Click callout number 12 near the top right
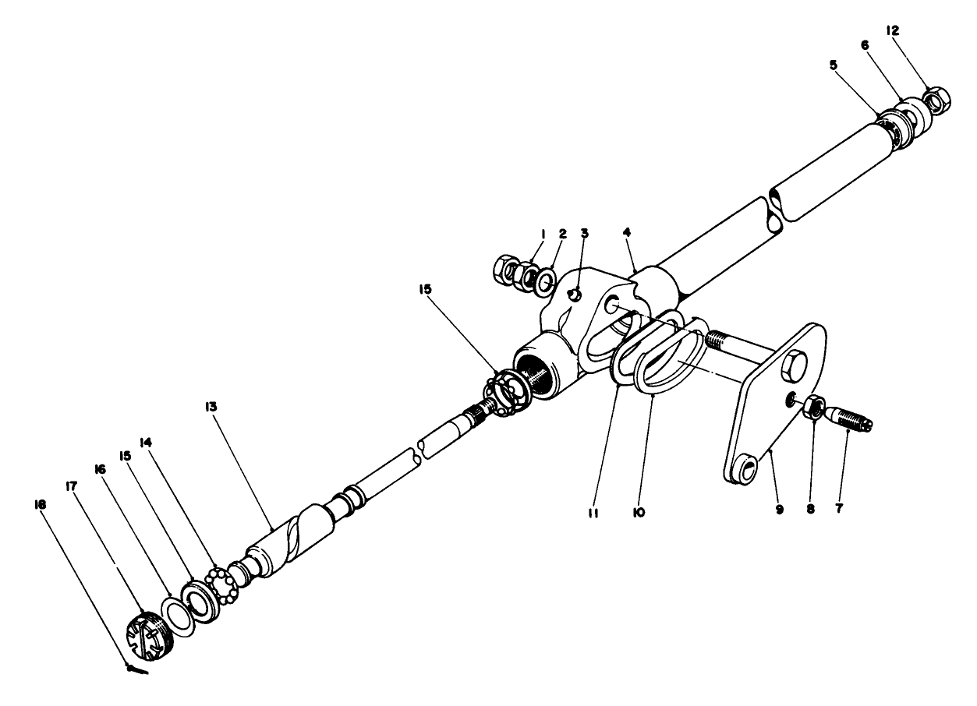tap(892, 30)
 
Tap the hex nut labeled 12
tap(936, 100)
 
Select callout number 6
tap(864, 46)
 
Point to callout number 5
tap(834, 65)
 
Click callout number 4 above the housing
tap(628, 232)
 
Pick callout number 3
tap(585, 232)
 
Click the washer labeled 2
tap(544, 280)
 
